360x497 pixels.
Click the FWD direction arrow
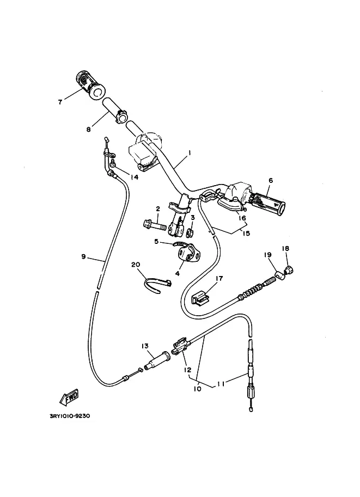[x=69, y=398]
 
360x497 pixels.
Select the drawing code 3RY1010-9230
[x=70, y=416]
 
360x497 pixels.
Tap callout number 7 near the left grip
[x=60, y=102]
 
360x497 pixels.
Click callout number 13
[x=145, y=346]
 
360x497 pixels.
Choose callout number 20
[x=136, y=265]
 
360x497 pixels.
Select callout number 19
[x=268, y=255]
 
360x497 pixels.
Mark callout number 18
[x=285, y=248]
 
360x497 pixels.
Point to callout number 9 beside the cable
[x=83, y=256]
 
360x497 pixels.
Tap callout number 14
[x=135, y=177]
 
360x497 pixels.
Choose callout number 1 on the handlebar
[x=190, y=153]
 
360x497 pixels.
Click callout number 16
[x=242, y=218]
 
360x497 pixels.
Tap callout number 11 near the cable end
[x=221, y=384]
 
